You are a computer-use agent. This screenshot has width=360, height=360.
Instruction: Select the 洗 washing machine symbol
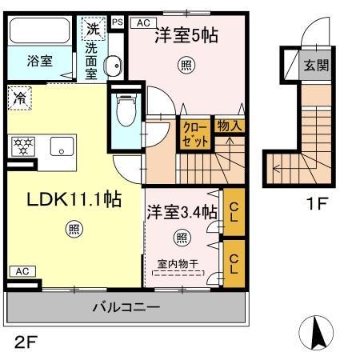(x=93, y=29)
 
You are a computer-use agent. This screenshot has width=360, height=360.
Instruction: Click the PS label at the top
(x=118, y=22)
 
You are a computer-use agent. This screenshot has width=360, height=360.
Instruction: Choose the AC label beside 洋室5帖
(x=142, y=23)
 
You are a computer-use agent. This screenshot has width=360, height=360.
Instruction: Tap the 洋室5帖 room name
(x=187, y=34)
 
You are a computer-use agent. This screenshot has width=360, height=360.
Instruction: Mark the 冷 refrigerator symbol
(x=20, y=100)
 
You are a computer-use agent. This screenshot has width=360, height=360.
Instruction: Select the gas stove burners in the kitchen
(x=21, y=146)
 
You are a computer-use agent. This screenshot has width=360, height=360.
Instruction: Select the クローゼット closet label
(x=195, y=133)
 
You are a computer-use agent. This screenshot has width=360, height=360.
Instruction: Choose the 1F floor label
(x=317, y=203)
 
